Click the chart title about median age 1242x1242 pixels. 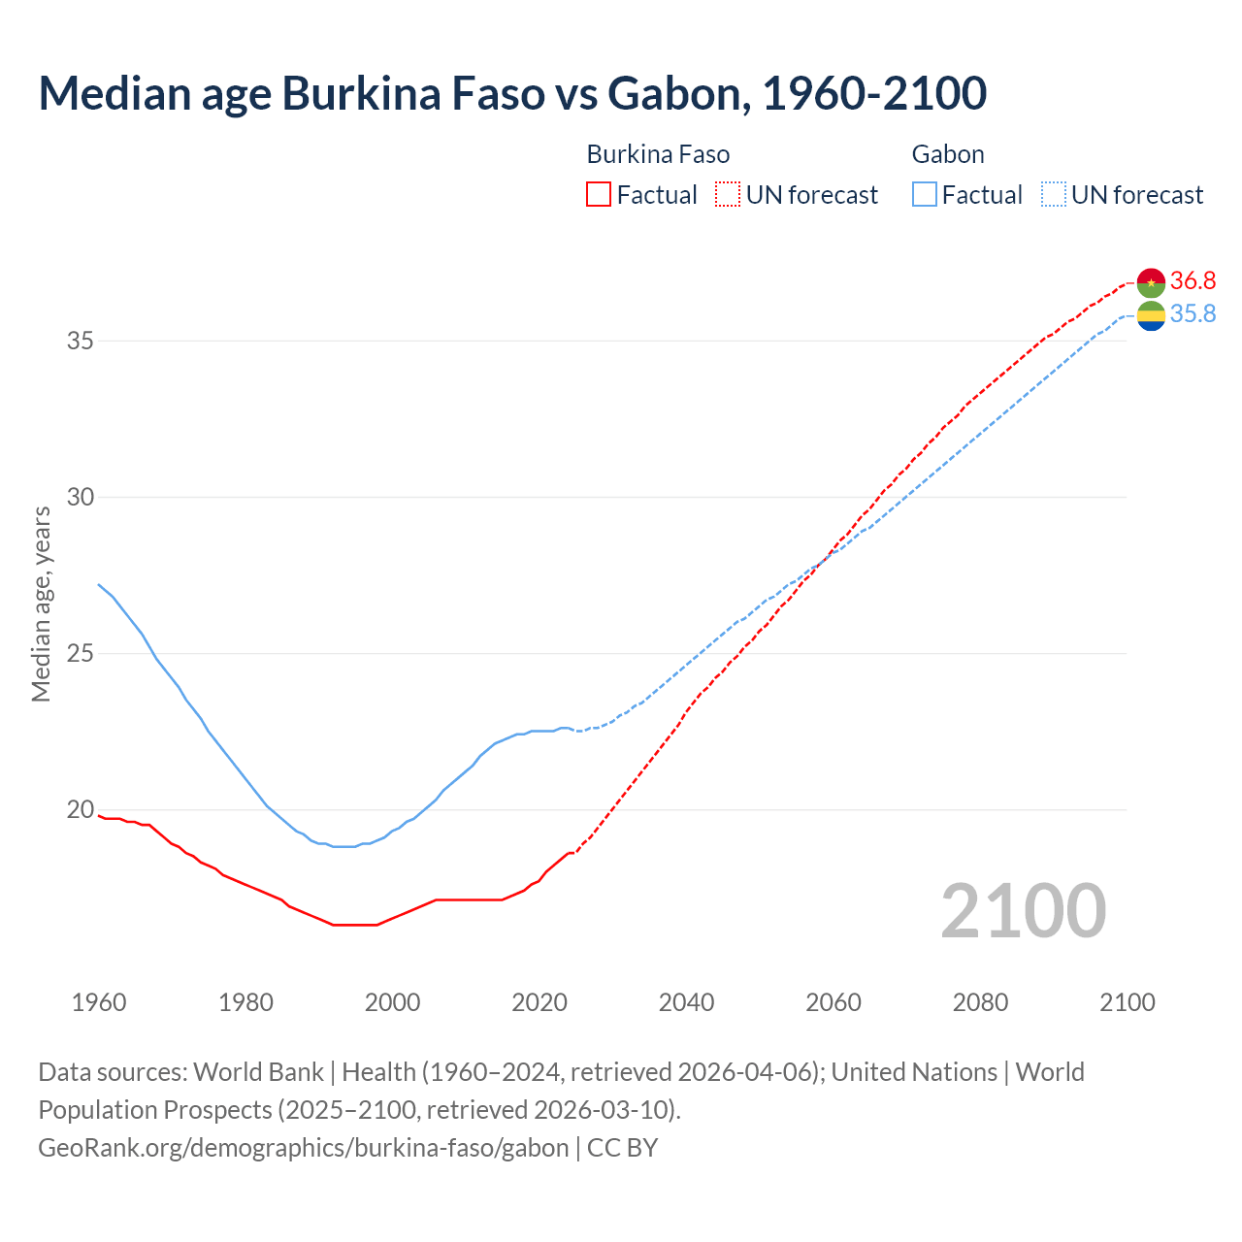[512, 93]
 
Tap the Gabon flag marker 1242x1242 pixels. [1151, 314]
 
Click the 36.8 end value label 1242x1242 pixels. [1193, 280]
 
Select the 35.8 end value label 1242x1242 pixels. [1193, 313]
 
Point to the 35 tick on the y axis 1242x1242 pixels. [80, 341]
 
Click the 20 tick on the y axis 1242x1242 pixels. [80, 809]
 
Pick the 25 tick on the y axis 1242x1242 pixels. [80, 653]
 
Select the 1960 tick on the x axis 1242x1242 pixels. [99, 1002]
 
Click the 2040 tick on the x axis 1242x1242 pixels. [686, 1002]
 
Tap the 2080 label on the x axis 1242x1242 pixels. [980, 1002]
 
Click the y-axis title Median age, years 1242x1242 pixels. [41, 604]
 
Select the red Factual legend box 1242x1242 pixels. [599, 195]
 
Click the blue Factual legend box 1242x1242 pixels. [924, 195]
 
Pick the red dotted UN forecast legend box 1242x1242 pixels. [728, 195]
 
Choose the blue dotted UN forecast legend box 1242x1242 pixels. [1053, 195]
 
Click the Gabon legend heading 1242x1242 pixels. [948, 154]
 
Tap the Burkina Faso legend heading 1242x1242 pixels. [658, 154]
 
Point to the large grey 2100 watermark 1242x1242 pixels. [1023, 910]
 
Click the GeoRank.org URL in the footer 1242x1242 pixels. [304, 1147]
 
